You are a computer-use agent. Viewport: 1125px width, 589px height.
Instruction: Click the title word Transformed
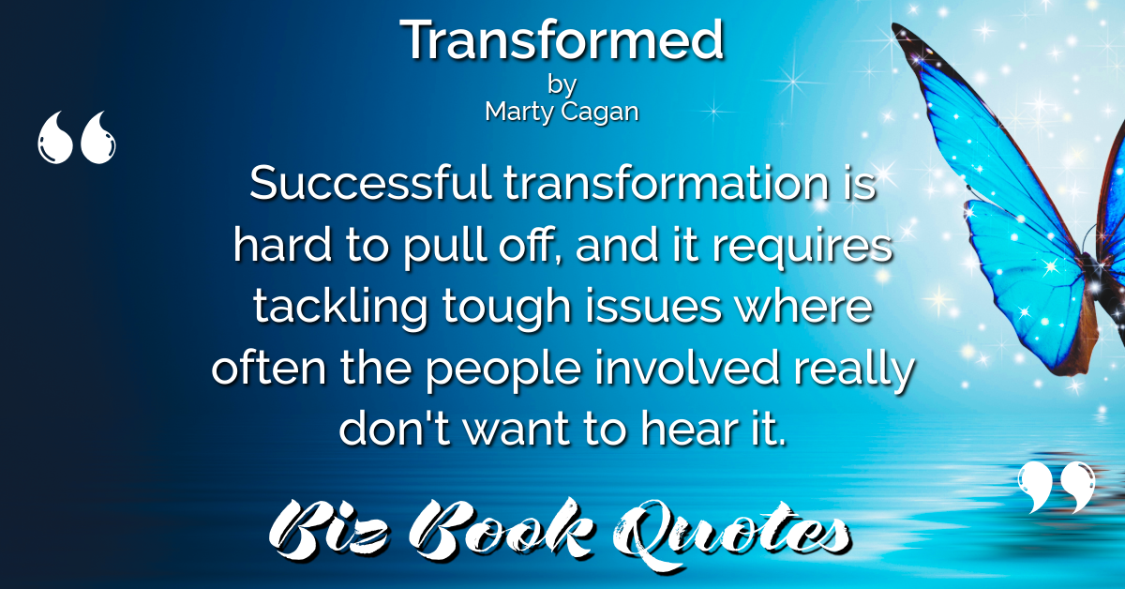[x=562, y=39]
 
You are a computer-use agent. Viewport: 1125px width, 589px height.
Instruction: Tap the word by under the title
[x=562, y=85]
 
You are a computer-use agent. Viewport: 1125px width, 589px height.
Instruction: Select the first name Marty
[x=519, y=112]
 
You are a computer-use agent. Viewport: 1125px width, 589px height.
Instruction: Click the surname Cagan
[x=600, y=113]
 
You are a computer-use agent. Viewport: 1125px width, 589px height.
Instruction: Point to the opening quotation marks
[x=77, y=137]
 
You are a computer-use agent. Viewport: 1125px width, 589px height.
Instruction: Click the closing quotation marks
[x=1057, y=487]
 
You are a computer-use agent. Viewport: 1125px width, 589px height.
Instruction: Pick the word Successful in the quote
[x=370, y=183]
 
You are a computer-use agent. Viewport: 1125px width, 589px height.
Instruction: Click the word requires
[x=802, y=248]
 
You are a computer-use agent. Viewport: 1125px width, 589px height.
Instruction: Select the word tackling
[x=340, y=308]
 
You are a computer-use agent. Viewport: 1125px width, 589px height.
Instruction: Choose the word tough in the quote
[x=505, y=308]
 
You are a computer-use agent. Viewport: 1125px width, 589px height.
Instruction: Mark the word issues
[x=652, y=307]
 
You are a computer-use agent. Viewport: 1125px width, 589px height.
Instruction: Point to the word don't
[x=395, y=429]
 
